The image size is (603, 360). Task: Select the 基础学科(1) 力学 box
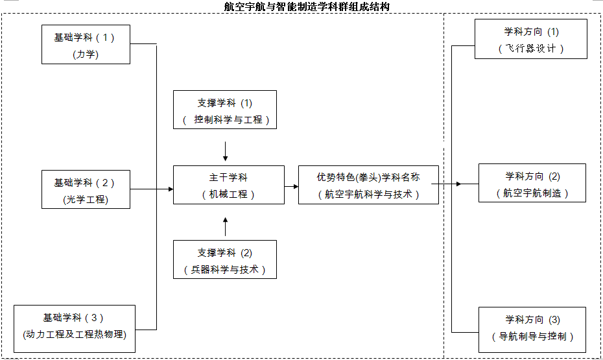click(x=86, y=44)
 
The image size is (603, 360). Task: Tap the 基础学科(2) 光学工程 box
click(x=86, y=189)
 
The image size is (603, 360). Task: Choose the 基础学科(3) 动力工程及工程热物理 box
click(x=75, y=328)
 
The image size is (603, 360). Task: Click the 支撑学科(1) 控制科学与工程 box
click(x=225, y=110)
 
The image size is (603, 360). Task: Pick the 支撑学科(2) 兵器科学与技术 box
click(x=225, y=259)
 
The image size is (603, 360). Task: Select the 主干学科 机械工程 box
click(x=228, y=185)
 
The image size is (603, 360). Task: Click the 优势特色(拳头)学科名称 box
click(x=368, y=185)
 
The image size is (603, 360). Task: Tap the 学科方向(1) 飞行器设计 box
click(x=531, y=39)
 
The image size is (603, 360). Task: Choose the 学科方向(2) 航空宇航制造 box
click(x=532, y=184)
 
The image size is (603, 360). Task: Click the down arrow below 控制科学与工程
click(x=225, y=152)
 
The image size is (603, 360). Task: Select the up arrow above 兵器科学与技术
click(x=225, y=226)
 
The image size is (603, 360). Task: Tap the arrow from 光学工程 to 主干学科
click(x=152, y=189)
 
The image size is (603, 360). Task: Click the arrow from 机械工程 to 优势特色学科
click(x=291, y=186)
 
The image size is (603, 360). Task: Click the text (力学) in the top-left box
click(x=86, y=54)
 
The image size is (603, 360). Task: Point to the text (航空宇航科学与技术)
click(x=368, y=194)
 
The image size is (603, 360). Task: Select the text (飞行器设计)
click(x=531, y=49)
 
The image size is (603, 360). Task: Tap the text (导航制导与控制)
click(x=532, y=337)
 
